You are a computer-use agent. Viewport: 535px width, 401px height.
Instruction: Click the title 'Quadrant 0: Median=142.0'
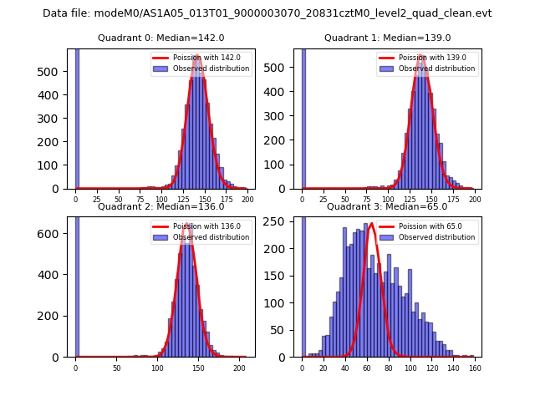point(160,38)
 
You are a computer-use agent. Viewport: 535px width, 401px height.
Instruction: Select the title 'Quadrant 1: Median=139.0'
point(387,38)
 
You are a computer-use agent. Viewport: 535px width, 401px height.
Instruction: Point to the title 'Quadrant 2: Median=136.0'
point(160,206)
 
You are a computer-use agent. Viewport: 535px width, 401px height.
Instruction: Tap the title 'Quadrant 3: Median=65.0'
point(387,206)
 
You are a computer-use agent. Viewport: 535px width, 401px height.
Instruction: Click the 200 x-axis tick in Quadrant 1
point(475,199)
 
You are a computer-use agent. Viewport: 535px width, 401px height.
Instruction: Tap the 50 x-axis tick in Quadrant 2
point(116,367)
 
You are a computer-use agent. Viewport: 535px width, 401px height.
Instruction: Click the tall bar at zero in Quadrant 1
point(303,117)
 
